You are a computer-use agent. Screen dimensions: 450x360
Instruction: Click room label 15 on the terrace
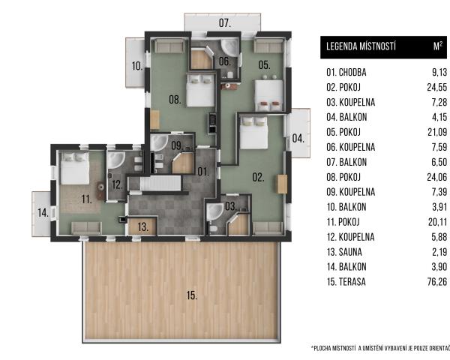pos(192,295)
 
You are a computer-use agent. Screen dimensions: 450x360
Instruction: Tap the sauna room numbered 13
pos(142,226)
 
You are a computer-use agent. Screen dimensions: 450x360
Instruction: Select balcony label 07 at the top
pos(225,23)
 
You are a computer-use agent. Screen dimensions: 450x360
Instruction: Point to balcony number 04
pos(298,138)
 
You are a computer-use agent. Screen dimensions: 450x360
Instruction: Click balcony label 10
pos(137,66)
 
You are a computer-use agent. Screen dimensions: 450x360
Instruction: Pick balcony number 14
pos(43,213)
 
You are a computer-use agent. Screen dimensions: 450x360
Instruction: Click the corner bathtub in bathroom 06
pos(230,47)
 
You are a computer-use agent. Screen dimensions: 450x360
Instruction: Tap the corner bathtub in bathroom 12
pos(116,160)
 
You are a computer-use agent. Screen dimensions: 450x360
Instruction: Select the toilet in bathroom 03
pos(213,229)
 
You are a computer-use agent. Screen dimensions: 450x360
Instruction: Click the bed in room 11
pos(74,169)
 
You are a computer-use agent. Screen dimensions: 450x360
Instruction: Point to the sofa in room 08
pos(169,46)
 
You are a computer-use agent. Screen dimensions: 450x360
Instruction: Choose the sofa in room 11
pos(86,228)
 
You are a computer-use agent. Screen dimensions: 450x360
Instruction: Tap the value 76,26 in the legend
pos(437,282)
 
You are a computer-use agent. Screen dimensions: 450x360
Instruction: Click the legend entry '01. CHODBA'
pos(346,72)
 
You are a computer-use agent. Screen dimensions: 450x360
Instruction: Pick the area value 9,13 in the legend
pos(439,72)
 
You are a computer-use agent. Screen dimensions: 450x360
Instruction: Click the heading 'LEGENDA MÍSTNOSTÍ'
pos(361,46)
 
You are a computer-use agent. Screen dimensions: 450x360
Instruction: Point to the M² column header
pos(438,46)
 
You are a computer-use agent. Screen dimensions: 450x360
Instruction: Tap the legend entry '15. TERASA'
pos(346,282)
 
